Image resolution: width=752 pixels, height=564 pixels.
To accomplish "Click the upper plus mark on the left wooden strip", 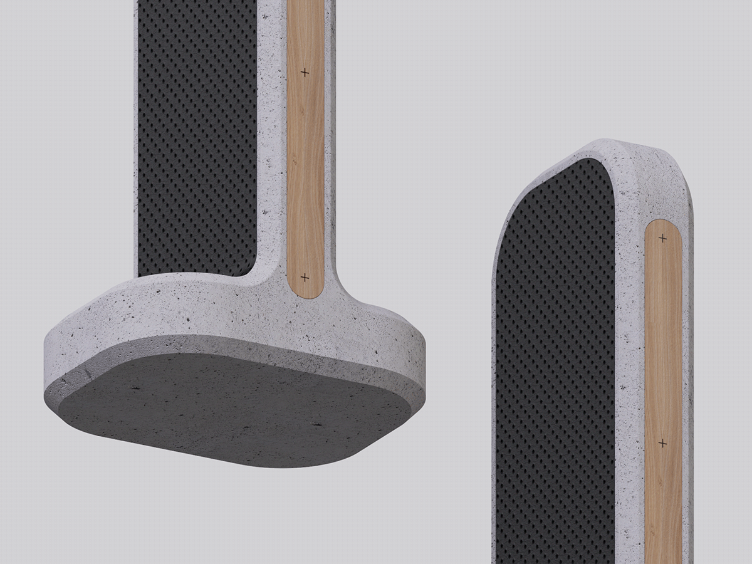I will click(x=305, y=73).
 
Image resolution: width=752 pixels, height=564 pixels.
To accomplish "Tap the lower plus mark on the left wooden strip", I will click(x=305, y=277).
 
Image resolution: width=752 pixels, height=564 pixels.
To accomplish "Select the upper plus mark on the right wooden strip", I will click(x=662, y=238).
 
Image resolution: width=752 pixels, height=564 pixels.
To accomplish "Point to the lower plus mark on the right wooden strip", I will click(x=662, y=443).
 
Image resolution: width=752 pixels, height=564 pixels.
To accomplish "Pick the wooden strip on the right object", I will click(x=663, y=345).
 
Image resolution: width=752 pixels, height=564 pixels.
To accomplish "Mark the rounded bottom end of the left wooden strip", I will click(x=305, y=291).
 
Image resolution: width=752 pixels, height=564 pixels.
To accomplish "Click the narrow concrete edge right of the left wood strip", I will click(x=330, y=157).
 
